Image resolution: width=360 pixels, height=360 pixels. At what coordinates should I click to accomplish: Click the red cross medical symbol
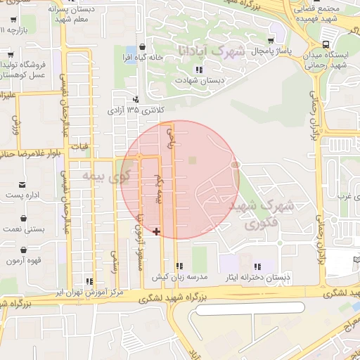156,231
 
